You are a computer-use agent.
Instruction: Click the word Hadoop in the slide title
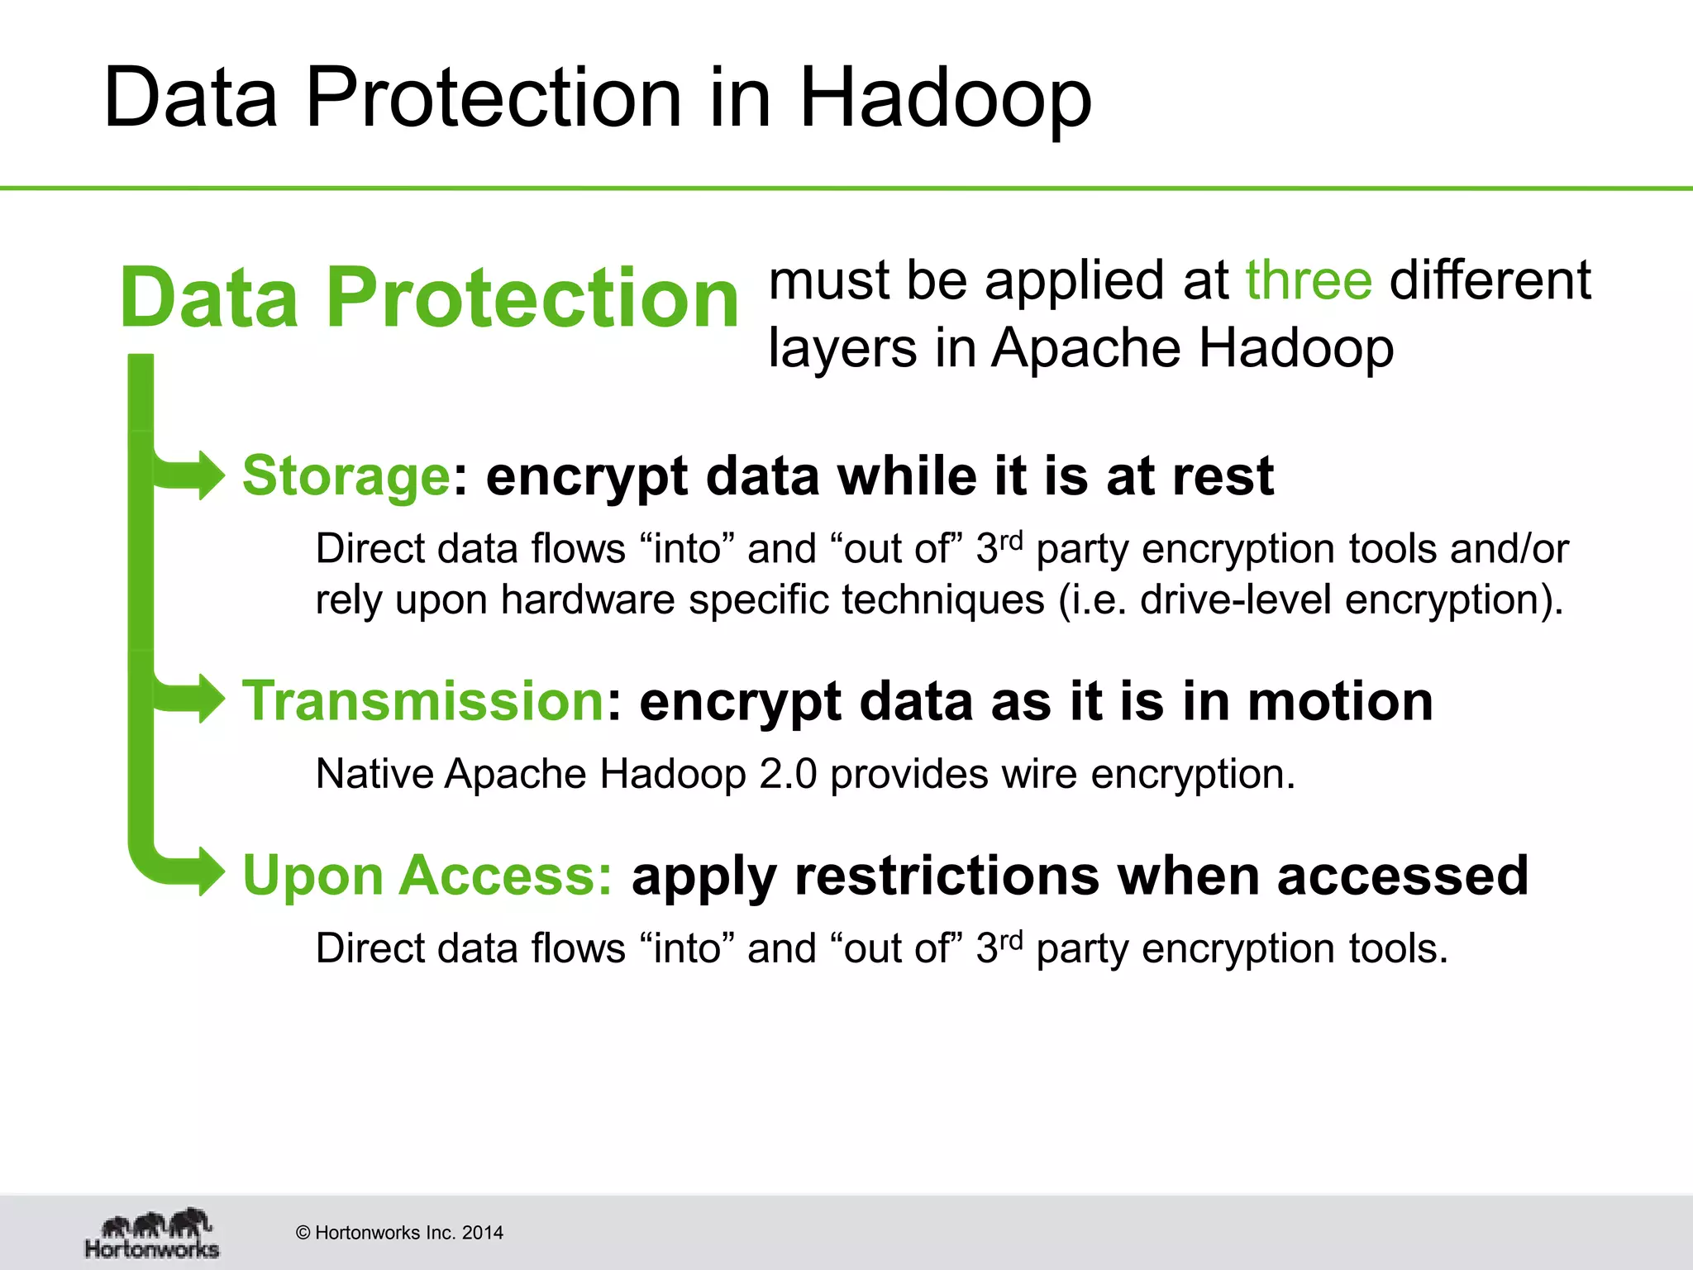(945, 99)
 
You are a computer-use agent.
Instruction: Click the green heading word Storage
(346, 476)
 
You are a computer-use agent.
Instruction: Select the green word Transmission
(423, 701)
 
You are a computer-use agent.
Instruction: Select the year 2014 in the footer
(483, 1233)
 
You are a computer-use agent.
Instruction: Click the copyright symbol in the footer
(303, 1233)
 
